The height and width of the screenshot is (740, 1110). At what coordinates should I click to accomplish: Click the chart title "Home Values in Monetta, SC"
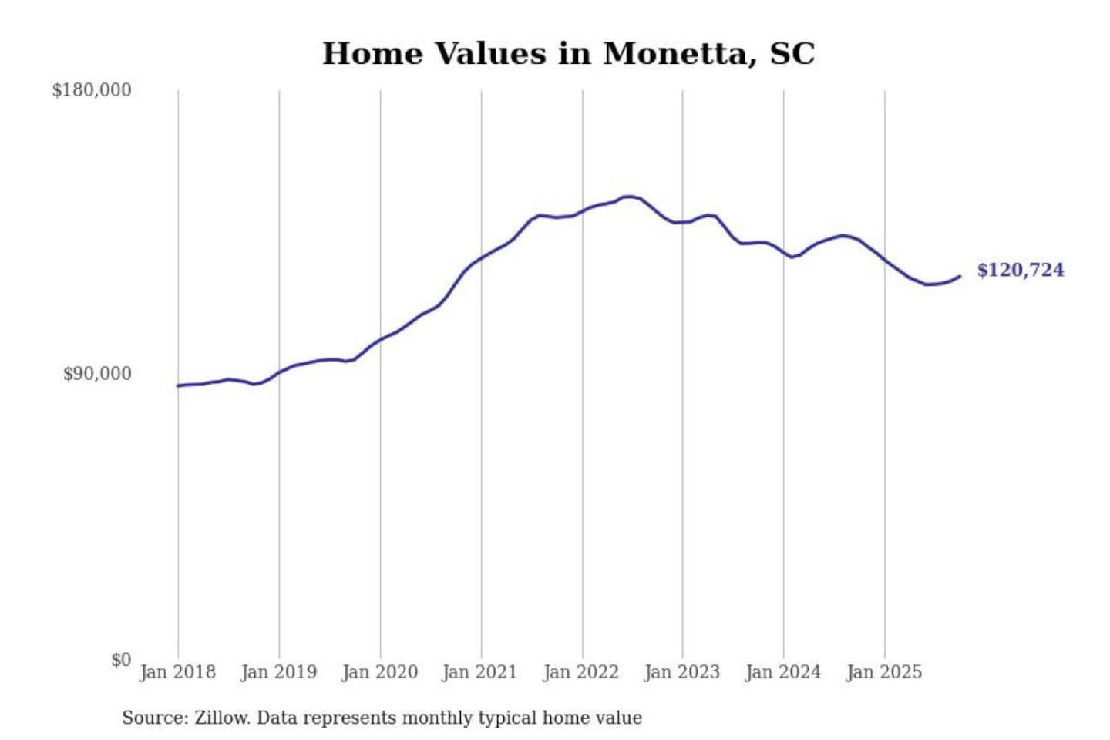(568, 54)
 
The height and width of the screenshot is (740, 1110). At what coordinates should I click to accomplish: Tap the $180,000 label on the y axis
(92, 90)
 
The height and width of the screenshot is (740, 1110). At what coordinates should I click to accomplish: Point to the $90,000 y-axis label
(97, 374)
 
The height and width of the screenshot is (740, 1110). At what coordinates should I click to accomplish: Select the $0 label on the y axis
(121, 660)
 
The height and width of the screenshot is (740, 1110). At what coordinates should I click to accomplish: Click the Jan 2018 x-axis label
(177, 672)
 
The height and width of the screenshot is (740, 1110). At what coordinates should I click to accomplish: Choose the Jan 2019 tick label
(278, 672)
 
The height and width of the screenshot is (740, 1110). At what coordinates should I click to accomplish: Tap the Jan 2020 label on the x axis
(379, 672)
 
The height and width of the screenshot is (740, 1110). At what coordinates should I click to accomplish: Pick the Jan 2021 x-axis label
(479, 672)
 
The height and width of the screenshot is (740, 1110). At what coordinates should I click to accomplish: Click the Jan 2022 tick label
(580, 672)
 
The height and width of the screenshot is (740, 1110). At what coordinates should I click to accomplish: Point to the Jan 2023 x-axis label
(681, 672)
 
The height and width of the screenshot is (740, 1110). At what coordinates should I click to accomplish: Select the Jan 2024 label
(782, 672)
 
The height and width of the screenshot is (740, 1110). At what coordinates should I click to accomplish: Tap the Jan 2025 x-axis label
(883, 672)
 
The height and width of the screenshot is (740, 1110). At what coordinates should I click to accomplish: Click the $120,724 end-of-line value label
(1020, 270)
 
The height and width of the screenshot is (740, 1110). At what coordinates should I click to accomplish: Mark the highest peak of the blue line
(629, 197)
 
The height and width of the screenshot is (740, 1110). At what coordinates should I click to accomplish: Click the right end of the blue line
(960, 276)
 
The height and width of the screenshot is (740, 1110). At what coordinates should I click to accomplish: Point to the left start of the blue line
(178, 385)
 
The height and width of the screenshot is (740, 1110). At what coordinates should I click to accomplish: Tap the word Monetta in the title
(674, 54)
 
